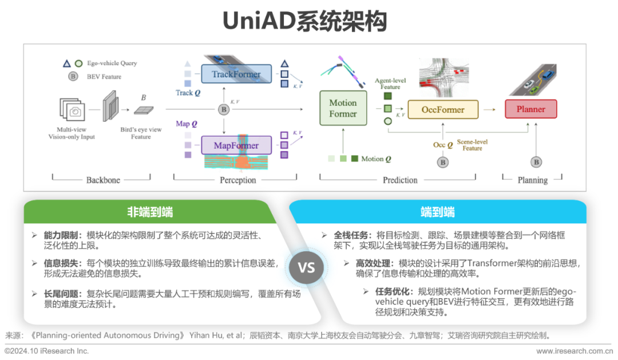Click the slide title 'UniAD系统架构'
pos(304,21)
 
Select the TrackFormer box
pos(236,74)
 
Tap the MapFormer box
pos(236,145)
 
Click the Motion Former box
pos(343,108)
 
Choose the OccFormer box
pos(443,109)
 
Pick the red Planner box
pos(530,109)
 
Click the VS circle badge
pos(307,267)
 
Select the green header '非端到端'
pos(150,212)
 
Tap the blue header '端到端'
pos(438,212)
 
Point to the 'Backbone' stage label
pos(103,180)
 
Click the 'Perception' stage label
pos(238,180)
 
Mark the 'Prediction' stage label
pos(400,180)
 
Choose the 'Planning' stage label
pos(533,180)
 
